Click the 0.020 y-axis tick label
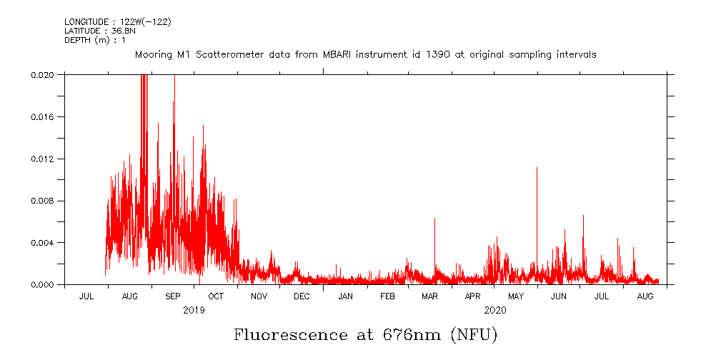pyautogui.click(x=44, y=74)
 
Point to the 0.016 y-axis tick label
pyautogui.click(x=44, y=116)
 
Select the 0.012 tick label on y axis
pyautogui.click(x=44, y=159)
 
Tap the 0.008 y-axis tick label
pyautogui.click(x=44, y=201)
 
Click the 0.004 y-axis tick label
pyautogui.click(x=44, y=243)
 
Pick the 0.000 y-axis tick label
pyautogui.click(x=44, y=284)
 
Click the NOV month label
pyautogui.click(x=259, y=296)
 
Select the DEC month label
pyautogui.click(x=302, y=296)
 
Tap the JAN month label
pyautogui.click(x=345, y=296)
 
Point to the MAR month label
pyautogui.click(x=429, y=296)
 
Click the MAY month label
pyautogui.click(x=516, y=296)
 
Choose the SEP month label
pyautogui.click(x=173, y=296)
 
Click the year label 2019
pyautogui.click(x=194, y=310)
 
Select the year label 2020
pyautogui.click(x=495, y=310)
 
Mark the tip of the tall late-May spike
pyautogui.click(x=537, y=167)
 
